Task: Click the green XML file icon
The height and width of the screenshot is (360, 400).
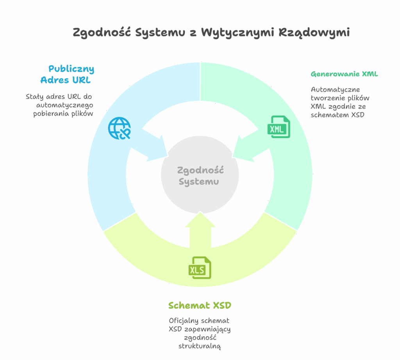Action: [279, 127]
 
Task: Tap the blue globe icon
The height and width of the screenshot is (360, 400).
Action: [120, 128]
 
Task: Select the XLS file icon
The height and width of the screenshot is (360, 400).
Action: [200, 267]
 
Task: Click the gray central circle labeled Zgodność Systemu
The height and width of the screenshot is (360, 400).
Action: [200, 176]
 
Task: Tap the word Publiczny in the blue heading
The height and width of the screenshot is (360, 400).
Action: [71, 70]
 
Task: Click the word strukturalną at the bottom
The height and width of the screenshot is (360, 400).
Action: [200, 346]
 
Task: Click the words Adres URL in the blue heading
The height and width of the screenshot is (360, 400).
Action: [65, 81]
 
